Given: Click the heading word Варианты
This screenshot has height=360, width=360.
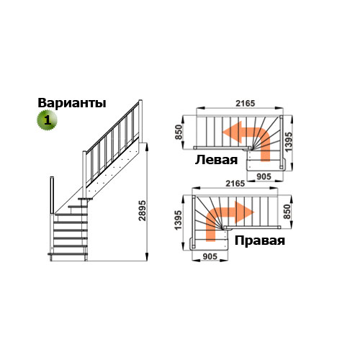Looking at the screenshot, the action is (72, 103).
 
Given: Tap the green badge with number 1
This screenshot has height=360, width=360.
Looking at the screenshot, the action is (47, 120).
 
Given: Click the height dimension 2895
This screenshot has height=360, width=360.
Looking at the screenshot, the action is (143, 210).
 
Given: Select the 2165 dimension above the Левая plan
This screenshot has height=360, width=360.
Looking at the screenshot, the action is (245, 103).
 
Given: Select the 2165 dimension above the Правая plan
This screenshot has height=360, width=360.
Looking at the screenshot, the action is (235, 184).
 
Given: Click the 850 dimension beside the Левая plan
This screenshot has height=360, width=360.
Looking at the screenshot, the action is (179, 132).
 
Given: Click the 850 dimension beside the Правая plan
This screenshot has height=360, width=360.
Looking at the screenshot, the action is (287, 212).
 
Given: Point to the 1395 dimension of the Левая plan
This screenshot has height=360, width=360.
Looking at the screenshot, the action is (289, 142).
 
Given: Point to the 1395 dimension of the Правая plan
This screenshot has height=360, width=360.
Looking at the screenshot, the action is (179, 220).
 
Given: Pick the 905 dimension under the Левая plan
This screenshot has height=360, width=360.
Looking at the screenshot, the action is (264, 176).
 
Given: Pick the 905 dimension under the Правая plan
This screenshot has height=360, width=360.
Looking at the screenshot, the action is (210, 256).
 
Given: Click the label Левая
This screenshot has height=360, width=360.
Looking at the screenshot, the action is (216, 160).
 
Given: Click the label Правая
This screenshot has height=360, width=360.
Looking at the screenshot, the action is (260, 240).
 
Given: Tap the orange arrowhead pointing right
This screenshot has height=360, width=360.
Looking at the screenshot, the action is (244, 212).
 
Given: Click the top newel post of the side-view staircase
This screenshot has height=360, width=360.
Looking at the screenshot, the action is (140, 121).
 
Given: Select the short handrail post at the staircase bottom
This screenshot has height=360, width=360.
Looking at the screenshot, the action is (52, 195).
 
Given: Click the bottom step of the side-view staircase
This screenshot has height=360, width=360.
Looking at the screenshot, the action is (68, 253).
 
